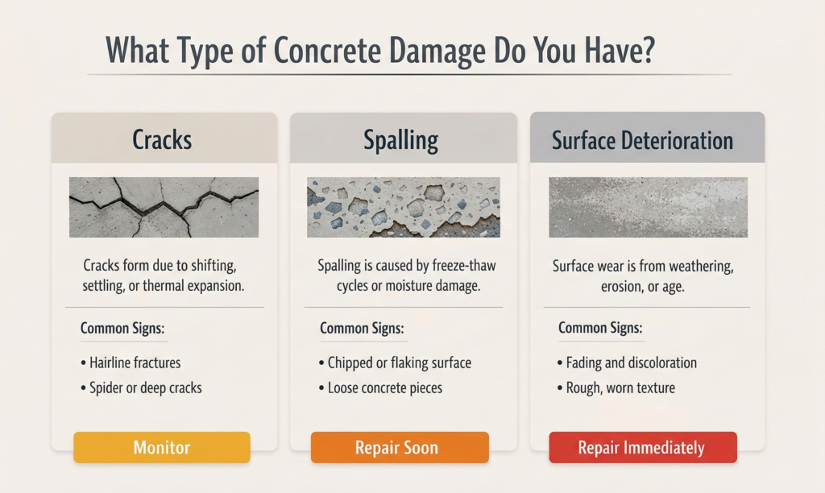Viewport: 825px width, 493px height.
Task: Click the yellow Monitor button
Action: (161, 447)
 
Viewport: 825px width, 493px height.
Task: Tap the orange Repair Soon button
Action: (400, 447)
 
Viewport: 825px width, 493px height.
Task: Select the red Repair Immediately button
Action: (642, 447)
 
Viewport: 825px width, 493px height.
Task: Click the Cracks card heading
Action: (162, 140)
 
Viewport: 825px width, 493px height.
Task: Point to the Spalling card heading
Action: (401, 140)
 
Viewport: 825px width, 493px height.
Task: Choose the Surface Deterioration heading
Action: (642, 140)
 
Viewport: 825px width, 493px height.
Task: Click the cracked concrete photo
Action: (164, 207)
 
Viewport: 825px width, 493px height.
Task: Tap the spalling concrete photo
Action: (404, 207)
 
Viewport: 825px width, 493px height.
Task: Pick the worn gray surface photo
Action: (648, 207)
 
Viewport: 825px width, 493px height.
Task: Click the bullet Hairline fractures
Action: (131, 362)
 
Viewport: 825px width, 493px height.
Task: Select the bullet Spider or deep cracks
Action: (141, 387)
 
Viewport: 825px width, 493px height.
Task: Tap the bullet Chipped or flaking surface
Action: (395, 362)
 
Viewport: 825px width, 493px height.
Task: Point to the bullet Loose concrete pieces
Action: (380, 387)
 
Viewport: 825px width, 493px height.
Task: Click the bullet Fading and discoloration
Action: (627, 362)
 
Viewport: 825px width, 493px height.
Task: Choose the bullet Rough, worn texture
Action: (616, 387)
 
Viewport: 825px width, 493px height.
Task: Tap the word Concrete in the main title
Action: (327, 51)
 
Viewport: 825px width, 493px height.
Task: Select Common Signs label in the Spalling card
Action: (362, 329)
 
